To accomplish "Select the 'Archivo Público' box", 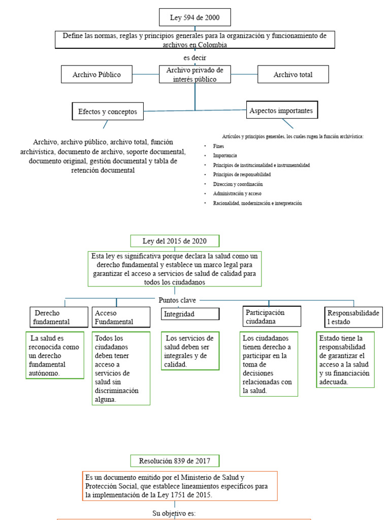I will coord(96,75).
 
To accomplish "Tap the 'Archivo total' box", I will coord(293,75).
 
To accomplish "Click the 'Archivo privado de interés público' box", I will coord(194,74).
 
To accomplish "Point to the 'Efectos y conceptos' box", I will coord(108,111).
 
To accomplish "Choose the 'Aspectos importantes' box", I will coord(281,110).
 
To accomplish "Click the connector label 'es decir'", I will coord(194,58).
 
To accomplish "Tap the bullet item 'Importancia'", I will coord(225,155).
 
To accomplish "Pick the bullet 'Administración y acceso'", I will coord(238,193).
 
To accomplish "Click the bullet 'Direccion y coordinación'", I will coord(238,184).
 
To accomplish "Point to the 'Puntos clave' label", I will coord(177,300).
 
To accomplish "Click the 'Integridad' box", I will coord(190,314).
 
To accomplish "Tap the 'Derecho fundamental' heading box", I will coord(57,317).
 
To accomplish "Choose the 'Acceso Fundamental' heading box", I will coord(120,317).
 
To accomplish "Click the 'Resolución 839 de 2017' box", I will coord(175,461).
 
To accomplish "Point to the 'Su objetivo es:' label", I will coord(174,513).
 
